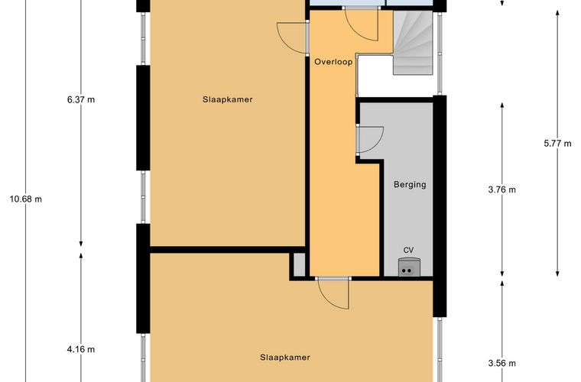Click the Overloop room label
(333, 62)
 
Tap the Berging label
(410, 184)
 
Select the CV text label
(409, 249)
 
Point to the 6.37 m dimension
(80, 99)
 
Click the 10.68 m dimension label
(25, 199)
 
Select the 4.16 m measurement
(80, 349)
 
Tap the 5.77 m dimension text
(557, 142)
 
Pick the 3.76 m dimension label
(502, 190)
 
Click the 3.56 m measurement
(502, 363)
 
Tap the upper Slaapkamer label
(228, 99)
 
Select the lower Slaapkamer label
(284, 357)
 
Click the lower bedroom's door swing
(333, 292)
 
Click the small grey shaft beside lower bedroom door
(298, 265)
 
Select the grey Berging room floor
(409, 214)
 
